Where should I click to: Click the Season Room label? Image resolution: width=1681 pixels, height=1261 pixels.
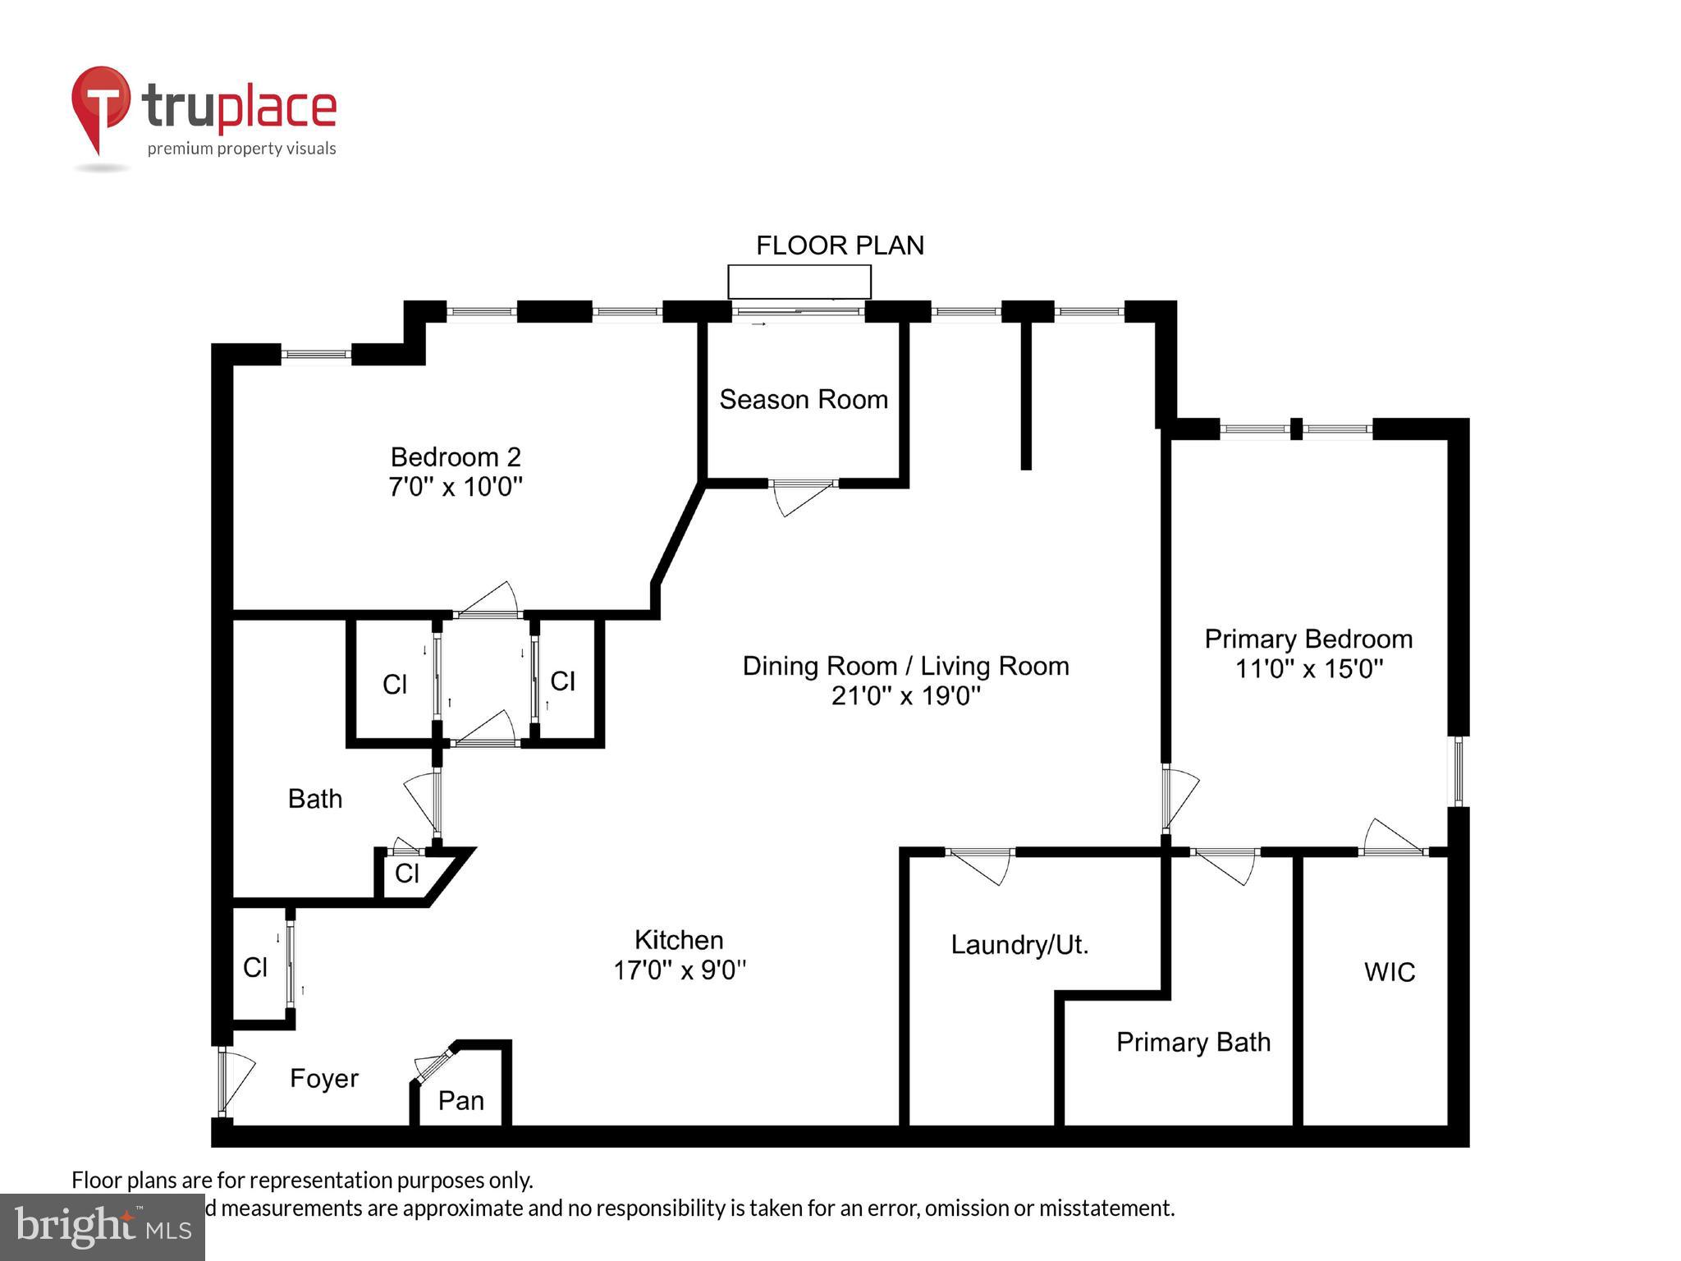pyautogui.click(x=803, y=400)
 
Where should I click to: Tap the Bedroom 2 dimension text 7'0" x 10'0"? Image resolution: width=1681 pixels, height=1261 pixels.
pyautogui.click(x=455, y=487)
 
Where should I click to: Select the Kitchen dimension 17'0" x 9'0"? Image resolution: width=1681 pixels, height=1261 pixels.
pyautogui.click(x=679, y=970)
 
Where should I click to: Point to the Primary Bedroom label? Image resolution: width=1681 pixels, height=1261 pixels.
pyautogui.click(x=1308, y=639)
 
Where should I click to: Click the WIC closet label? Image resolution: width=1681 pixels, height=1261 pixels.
pyautogui.click(x=1389, y=972)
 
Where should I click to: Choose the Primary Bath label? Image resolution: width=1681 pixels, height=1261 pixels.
pyautogui.click(x=1193, y=1043)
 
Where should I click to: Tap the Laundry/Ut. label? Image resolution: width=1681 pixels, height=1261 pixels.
pyautogui.click(x=1019, y=945)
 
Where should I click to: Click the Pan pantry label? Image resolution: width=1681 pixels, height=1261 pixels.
pyautogui.click(x=460, y=1100)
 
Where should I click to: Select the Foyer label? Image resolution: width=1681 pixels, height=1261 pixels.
pyautogui.click(x=324, y=1078)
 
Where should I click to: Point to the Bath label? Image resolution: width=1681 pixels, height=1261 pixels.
pyautogui.click(x=314, y=799)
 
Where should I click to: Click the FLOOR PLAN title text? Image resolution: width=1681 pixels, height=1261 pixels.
pyautogui.click(x=839, y=245)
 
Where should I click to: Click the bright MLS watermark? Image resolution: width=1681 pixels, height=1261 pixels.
pyautogui.click(x=103, y=1227)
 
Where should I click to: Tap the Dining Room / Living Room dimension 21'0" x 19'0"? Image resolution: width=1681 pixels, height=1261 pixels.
pyautogui.click(x=905, y=696)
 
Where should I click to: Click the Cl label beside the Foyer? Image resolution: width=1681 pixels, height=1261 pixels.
pyautogui.click(x=255, y=968)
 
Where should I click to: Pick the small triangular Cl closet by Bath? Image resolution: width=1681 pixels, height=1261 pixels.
pyautogui.click(x=408, y=874)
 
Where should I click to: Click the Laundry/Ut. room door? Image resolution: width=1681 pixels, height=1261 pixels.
pyautogui.click(x=981, y=866)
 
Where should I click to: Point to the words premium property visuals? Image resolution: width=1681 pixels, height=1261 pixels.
pyautogui.click(x=241, y=149)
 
